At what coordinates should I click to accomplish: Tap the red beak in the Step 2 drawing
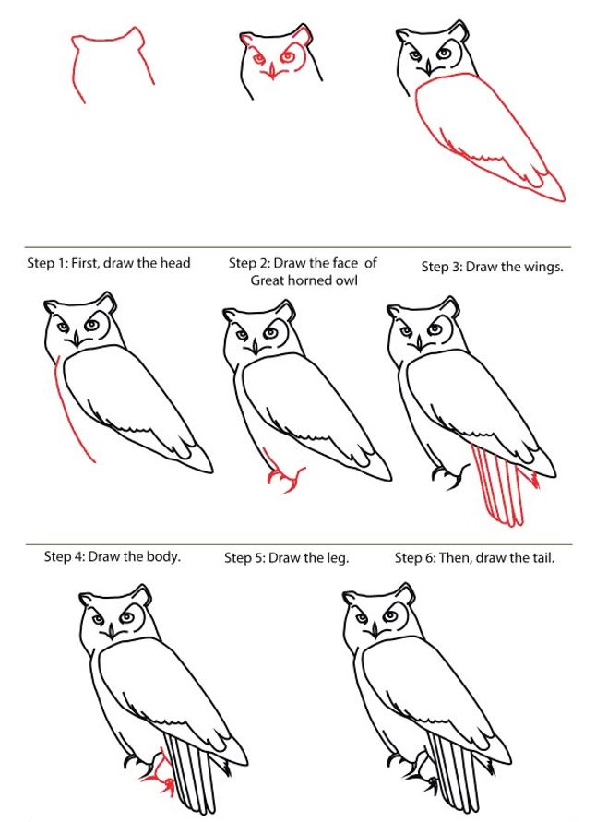pos(271,71)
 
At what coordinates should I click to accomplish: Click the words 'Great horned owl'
pos(304,280)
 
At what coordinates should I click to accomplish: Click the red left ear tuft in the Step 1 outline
pos(78,42)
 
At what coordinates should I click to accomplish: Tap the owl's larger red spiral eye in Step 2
pos(288,55)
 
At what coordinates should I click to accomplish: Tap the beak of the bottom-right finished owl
pos(375,632)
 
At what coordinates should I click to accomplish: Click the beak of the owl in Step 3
pos(429,68)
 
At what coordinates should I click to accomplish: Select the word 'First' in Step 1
pos(85,263)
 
